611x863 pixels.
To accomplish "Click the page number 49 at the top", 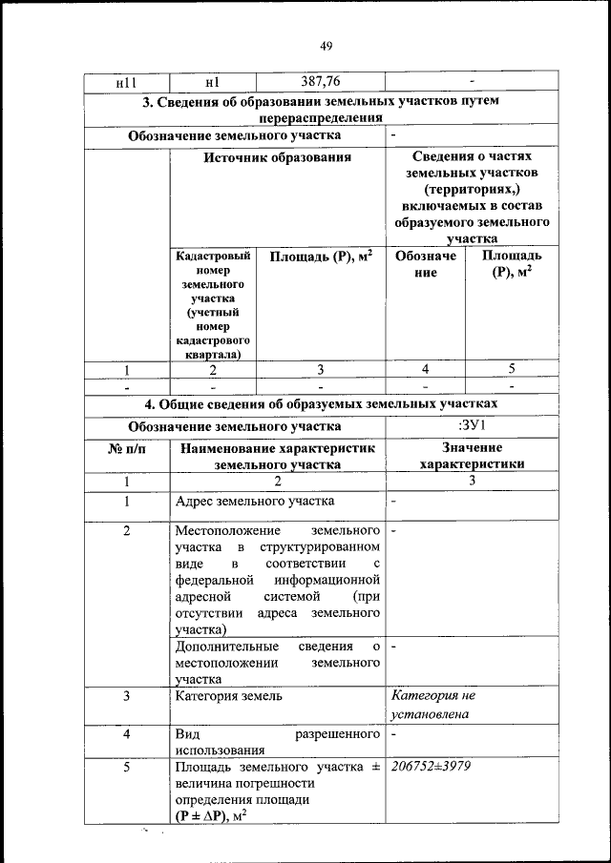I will click(326, 46).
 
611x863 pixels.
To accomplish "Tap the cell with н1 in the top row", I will click(213, 84).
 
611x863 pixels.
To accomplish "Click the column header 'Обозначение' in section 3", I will click(426, 264).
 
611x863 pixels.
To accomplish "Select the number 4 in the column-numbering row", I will click(426, 370).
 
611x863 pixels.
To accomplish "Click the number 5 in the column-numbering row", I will click(511, 370).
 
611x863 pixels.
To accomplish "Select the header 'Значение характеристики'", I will click(472, 456).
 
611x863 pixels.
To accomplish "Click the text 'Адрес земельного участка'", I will click(254, 501).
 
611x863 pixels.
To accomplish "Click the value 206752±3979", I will click(431, 767).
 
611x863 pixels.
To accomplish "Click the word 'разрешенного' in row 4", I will click(338, 736).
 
